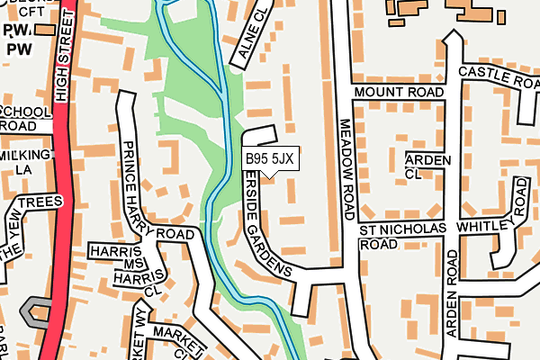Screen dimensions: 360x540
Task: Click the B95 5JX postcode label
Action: pyautogui.click(x=269, y=159)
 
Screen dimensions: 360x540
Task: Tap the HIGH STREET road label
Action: pyautogui.click(x=64, y=63)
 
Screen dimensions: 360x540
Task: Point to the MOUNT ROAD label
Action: pyautogui.click(x=399, y=93)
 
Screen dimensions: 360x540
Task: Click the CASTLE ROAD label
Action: pyautogui.click(x=498, y=76)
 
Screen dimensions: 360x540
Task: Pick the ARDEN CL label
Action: pyautogui.click(x=426, y=165)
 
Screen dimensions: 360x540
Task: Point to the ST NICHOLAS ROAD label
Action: pyautogui.click(x=402, y=237)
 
